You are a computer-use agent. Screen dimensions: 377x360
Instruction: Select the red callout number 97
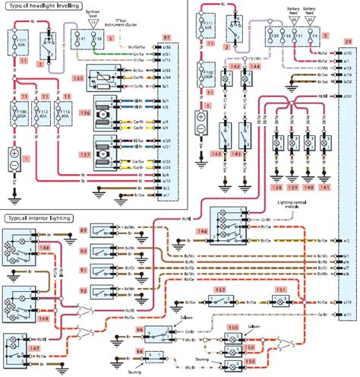click(167, 36)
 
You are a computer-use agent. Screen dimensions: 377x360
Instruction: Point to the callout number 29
click(348, 37)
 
